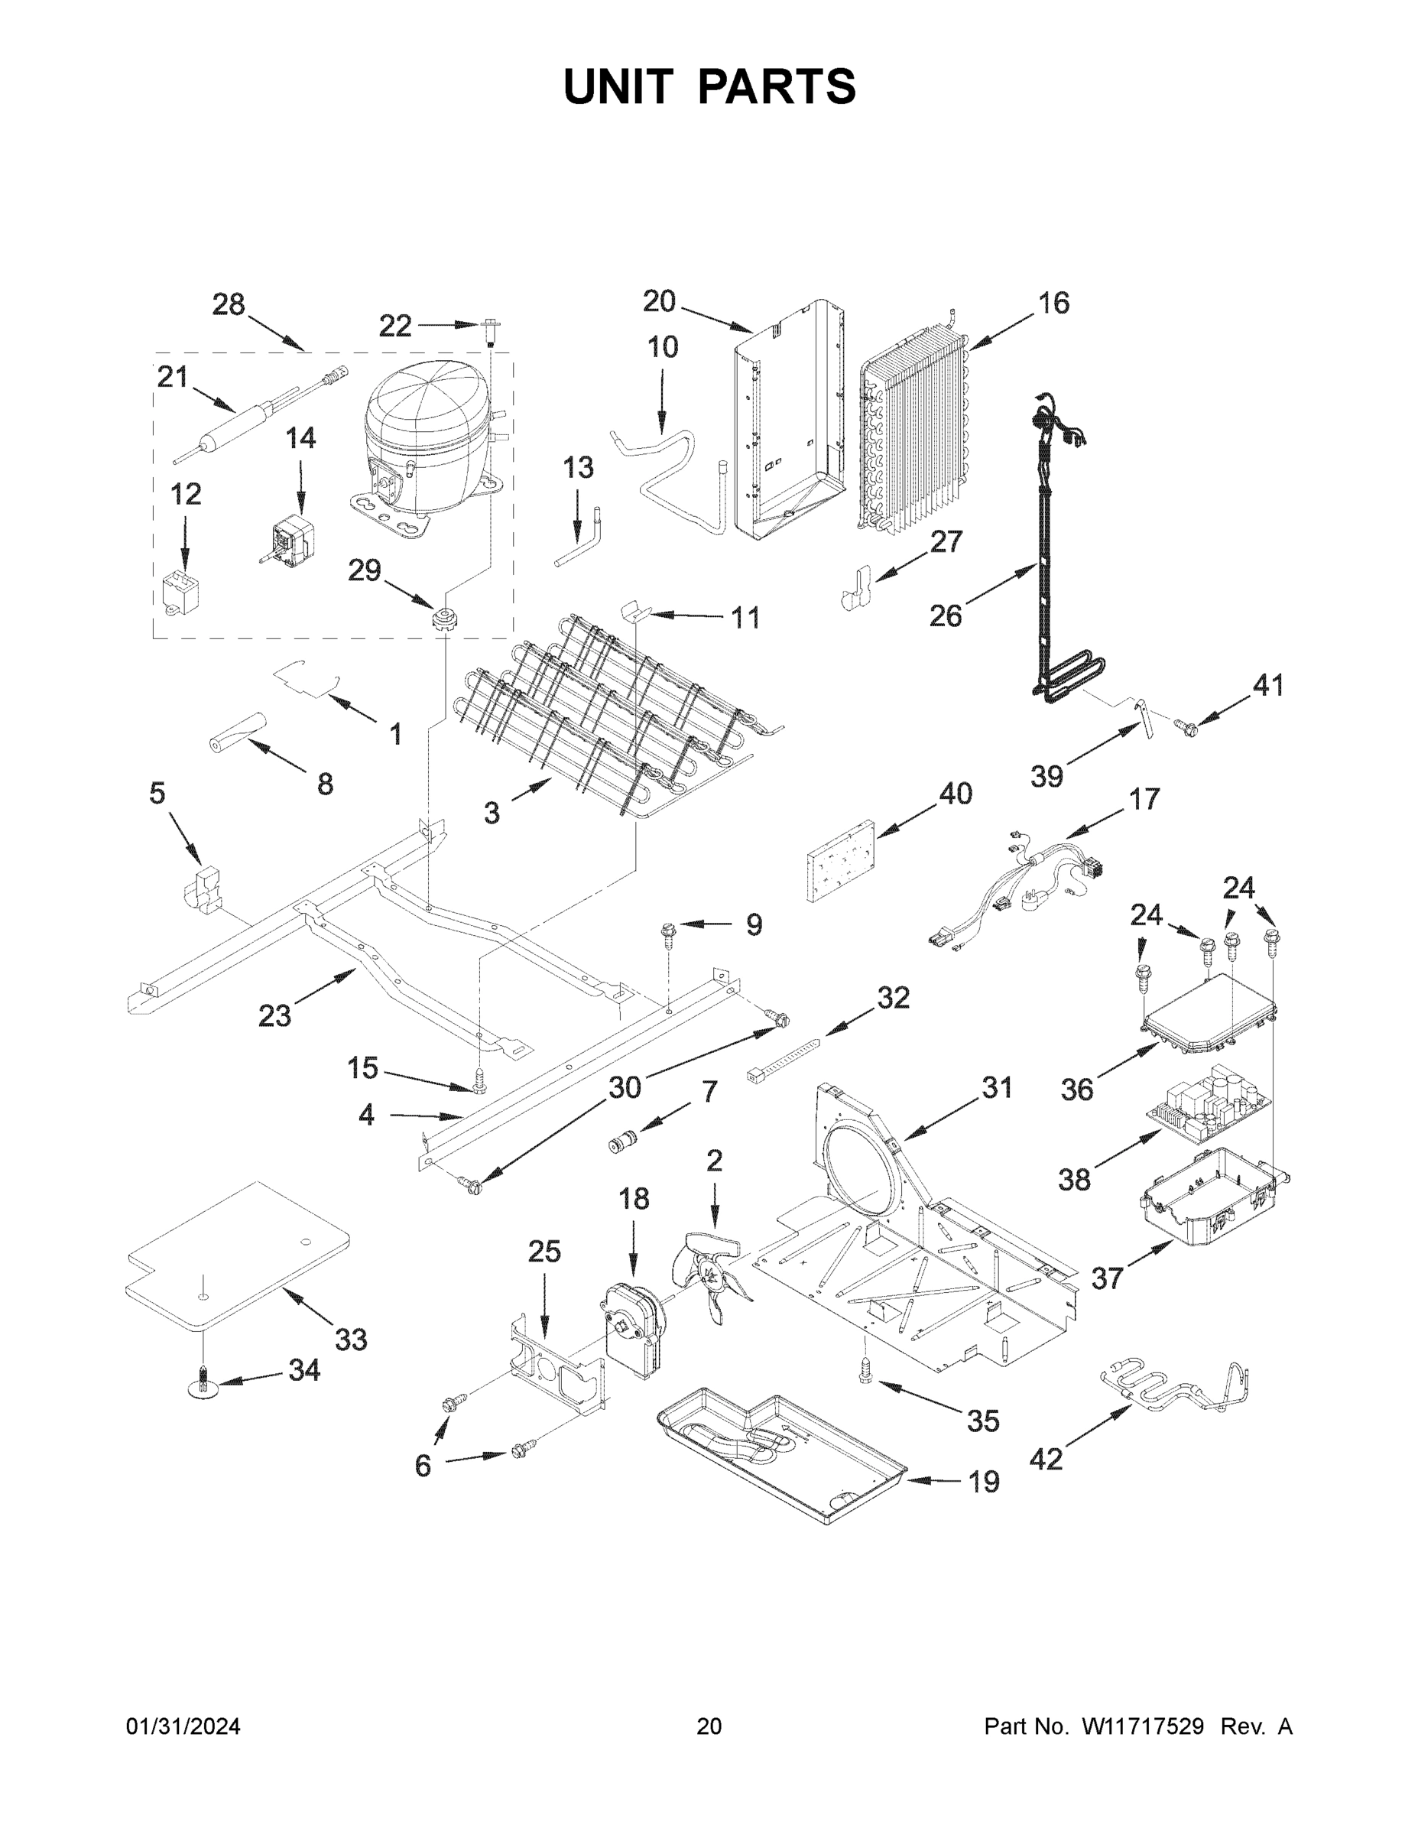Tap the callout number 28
click(x=228, y=304)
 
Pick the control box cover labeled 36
click(x=1207, y=1018)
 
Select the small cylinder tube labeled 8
click(x=237, y=728)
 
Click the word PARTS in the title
click(x=777, y=86)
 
